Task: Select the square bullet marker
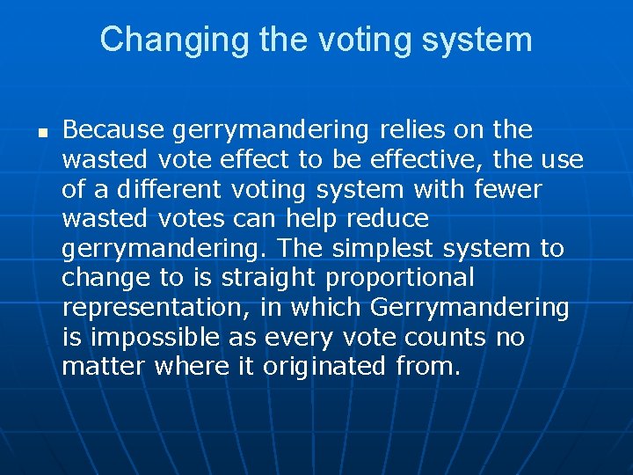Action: pyautogui.click(x=41, y=132)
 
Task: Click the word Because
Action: pyautogui.click(x=113, y=130)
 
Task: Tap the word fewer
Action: pyautogui.click(x=511, y=189)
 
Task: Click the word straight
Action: pyautogui.click(x=269, y=279)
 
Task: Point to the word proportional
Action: pyautogui.click(x=400, y=279)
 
